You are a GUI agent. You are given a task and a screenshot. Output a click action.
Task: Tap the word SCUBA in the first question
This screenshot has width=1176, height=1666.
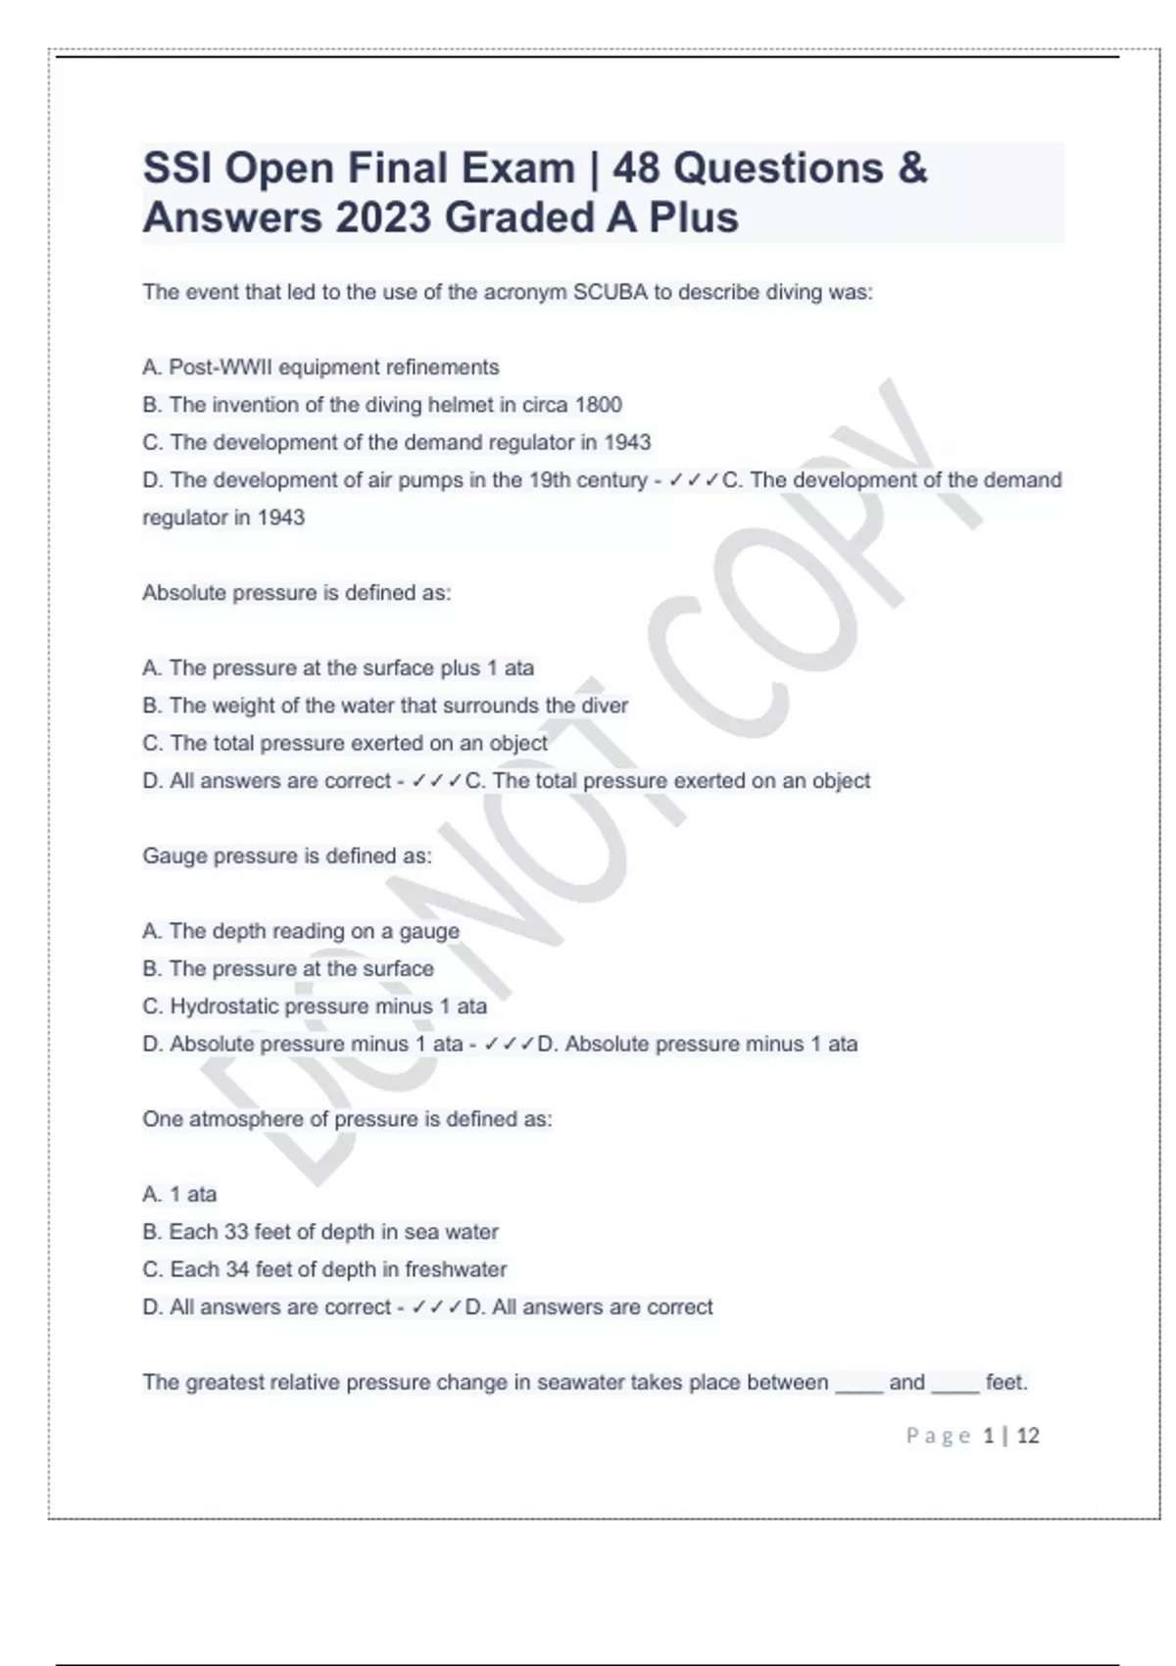(x=610, y=292)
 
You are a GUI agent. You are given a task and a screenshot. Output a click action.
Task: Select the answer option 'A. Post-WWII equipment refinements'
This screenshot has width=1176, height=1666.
(x=320, y=367)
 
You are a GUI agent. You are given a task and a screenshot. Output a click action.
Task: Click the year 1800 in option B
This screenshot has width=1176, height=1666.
(x=598, y=405)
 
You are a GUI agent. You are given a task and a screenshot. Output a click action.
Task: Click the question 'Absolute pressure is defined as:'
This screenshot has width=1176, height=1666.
(x=296, y=593)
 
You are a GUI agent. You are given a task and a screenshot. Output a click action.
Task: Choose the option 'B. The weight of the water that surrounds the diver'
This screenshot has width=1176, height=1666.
(x=385, y=706)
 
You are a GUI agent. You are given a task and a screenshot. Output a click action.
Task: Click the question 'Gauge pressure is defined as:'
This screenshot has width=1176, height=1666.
(x=286, y=856)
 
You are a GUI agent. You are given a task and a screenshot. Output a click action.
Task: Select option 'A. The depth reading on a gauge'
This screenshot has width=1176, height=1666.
(x=301, y=931)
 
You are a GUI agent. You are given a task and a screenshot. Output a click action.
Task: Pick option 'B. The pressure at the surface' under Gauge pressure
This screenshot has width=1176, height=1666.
(x=288, y=968)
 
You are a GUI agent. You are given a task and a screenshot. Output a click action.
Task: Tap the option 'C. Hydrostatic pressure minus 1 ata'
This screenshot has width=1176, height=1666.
(x=315, y=1006)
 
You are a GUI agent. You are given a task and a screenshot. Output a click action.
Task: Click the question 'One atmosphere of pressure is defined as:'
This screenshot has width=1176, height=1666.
(x=347, y=1119)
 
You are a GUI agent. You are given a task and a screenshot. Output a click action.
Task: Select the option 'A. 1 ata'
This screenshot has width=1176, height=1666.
(x=179, y=1195)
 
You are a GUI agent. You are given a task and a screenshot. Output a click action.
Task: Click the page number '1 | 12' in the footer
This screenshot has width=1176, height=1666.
(x=1010, y=1436)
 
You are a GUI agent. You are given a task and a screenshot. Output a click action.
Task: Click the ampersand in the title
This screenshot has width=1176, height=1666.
(x=911, y=169)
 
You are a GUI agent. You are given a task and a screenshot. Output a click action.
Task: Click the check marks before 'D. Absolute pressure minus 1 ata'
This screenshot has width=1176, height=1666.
(x=509, y=1045)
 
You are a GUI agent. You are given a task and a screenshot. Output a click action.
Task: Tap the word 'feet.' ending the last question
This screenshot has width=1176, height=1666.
(x=1006, y=1383)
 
